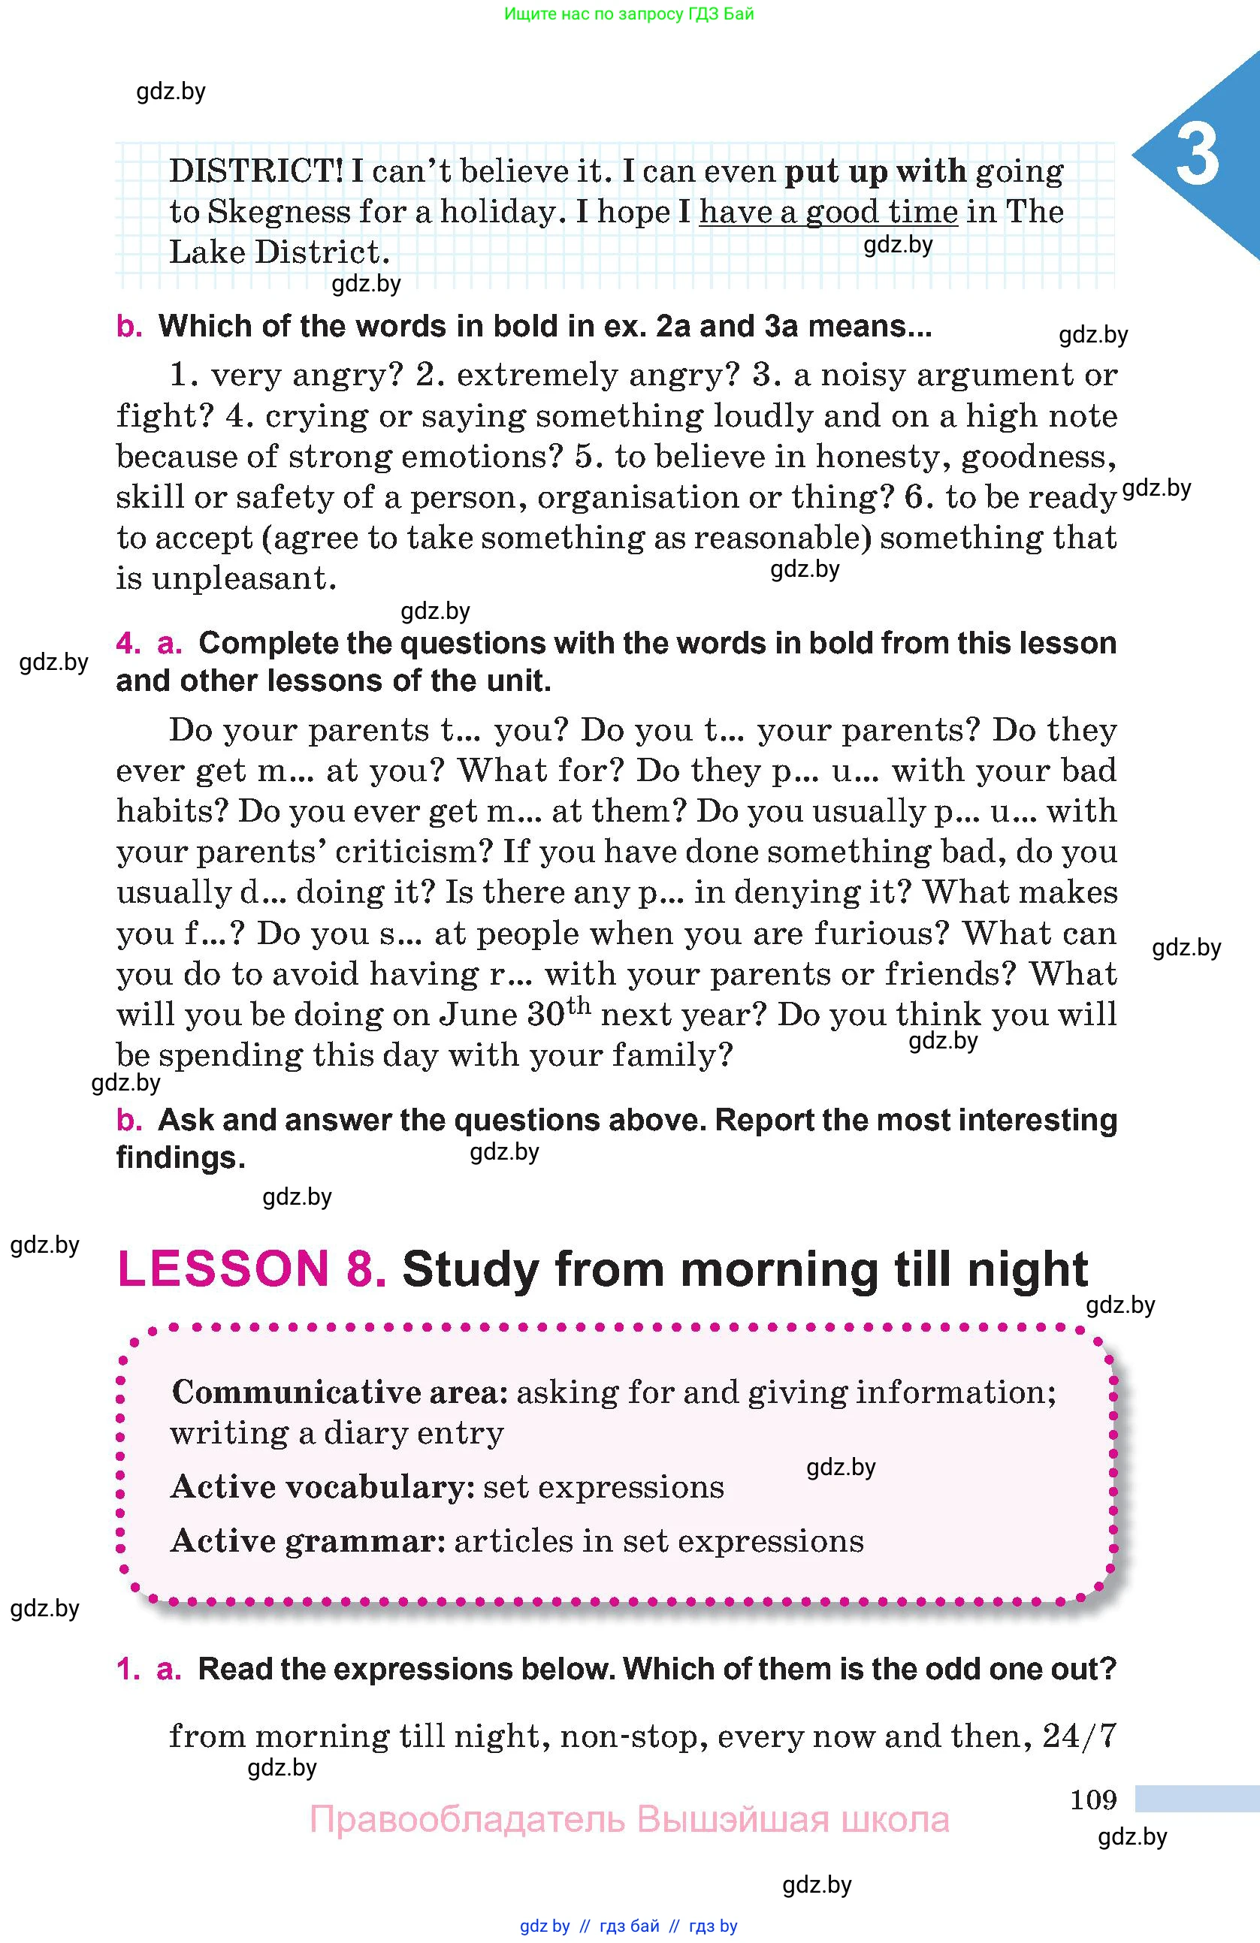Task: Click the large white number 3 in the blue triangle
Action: click(1197, 155)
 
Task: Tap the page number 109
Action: click(1093, 1800)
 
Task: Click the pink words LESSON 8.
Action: click(252, 1269)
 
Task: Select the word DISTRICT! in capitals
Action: click(256, 171)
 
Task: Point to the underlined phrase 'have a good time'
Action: click(828, 213)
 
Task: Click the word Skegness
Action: click(278, 213)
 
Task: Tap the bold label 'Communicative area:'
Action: click(340, 1392)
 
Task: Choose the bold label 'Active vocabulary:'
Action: click(322, 1486)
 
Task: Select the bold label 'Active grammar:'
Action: click(308, 1540)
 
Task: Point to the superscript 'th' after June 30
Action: click(579, 1005)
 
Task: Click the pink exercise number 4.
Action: click(128, 644)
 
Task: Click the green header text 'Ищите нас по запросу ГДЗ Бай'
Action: click(629, 14)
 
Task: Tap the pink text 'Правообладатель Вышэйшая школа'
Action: click(629, 1820)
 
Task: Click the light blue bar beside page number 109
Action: click(1197, 1799)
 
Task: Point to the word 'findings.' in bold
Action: click(180, 1157)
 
